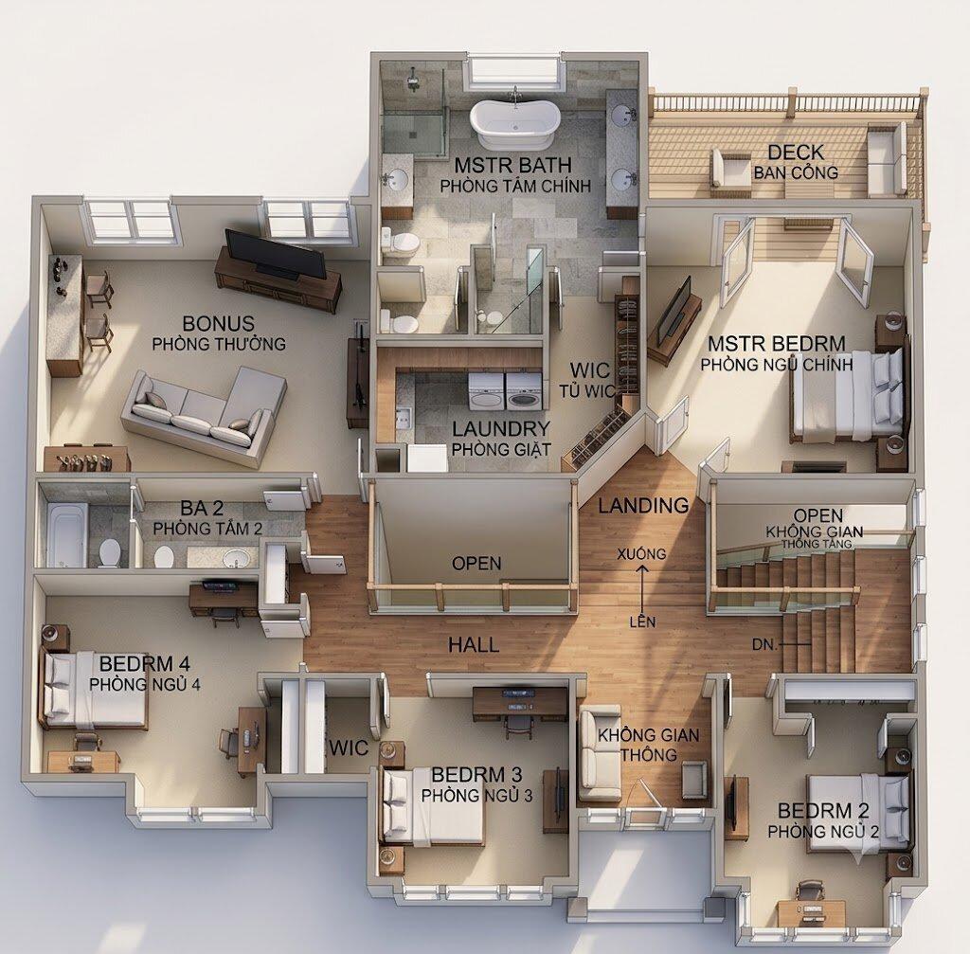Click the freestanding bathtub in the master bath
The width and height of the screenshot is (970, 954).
(514, 123)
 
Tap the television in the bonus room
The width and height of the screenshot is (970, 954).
(276, 254)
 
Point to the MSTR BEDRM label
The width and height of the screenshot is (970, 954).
(777, 343)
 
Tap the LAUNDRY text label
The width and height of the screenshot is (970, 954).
(500, 428)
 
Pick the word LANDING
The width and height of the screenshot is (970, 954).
(643, 506)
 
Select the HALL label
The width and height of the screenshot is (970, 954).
(474, 645)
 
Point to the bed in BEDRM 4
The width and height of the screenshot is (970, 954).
(94, 690)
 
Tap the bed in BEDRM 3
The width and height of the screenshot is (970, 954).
(433, 806)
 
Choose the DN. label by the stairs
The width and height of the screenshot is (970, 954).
(764, 644)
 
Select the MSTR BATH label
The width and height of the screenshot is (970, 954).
(512, 165)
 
